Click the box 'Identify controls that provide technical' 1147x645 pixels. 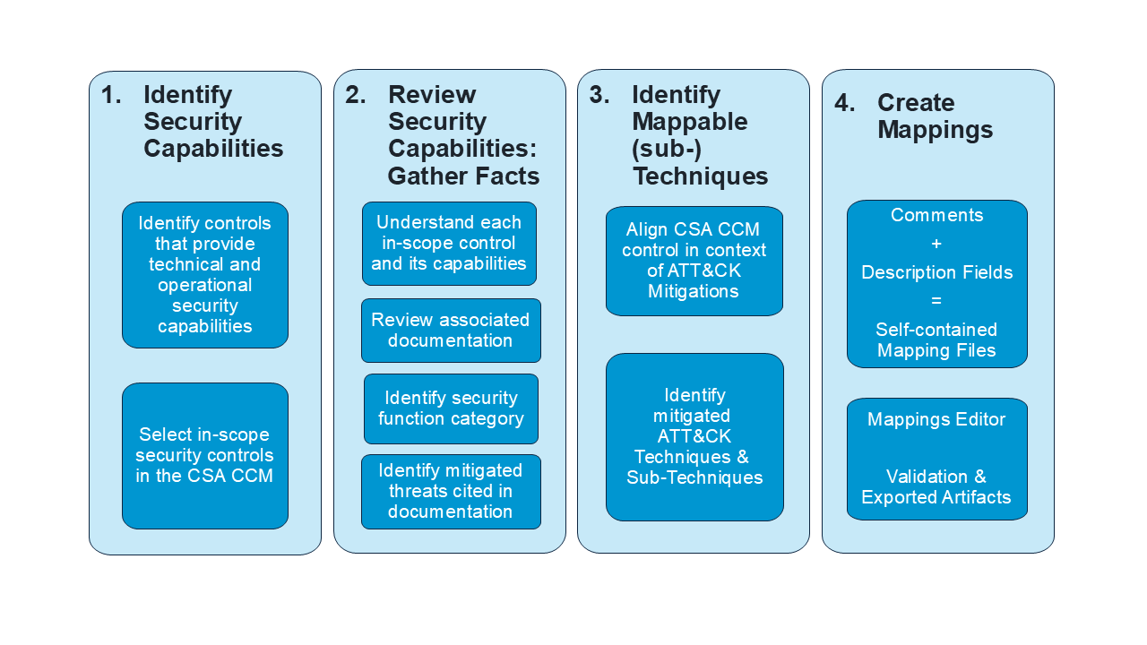[204, 274]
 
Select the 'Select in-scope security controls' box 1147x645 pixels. [204, 455]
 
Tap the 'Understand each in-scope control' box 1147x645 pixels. [449, 243]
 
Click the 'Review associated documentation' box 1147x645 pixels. [451, 330]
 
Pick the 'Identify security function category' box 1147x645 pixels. [451, 408]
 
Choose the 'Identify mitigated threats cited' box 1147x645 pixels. [451, 491]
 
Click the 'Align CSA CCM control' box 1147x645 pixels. [694, 261]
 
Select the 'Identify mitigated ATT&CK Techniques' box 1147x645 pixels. [694, 436]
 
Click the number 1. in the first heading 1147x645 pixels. [111, 95]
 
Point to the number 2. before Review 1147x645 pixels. [356, 95]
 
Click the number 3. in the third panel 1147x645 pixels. [599, 95]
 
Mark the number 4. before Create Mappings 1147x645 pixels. [845, 103]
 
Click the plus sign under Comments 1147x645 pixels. [936, 244]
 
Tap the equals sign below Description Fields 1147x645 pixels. [936, 301]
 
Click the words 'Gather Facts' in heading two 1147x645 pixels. [463, 176]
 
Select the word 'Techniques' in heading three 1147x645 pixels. [700, 176]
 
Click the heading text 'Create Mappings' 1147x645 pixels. [935, 116]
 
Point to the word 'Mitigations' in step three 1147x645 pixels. [693, 291]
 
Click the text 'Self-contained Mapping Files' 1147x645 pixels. [936, 340]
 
